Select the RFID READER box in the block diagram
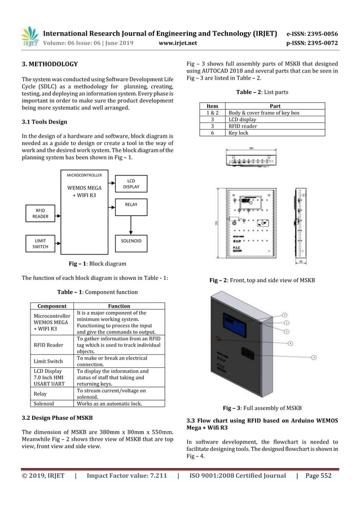click(x=40, y=215)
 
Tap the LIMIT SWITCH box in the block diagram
click(x=40, y=243)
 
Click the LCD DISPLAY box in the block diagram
click(x=131, y=184)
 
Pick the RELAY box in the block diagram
click(x=131, y=207)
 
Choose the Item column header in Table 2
click(x=213, y=106)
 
